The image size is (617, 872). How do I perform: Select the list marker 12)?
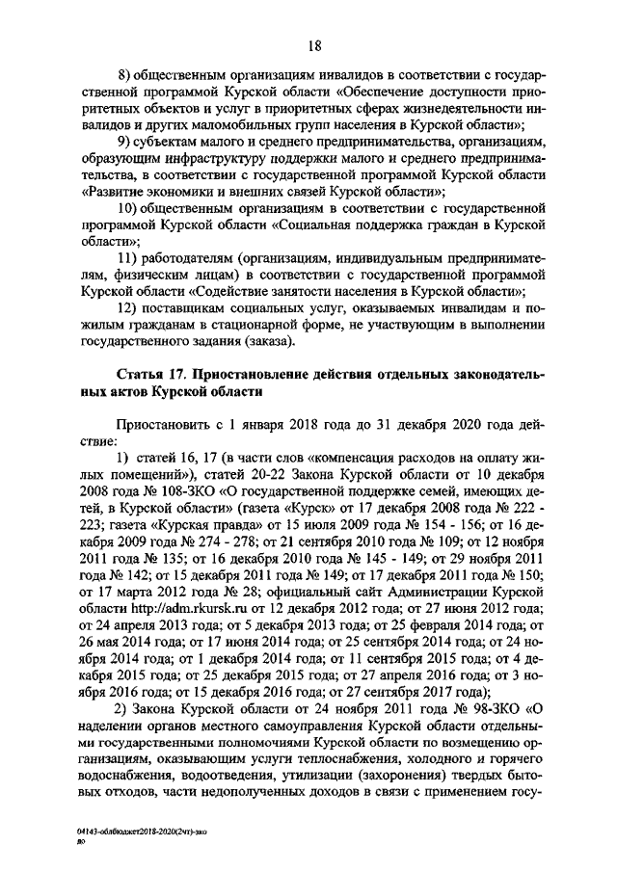(126, 307)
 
